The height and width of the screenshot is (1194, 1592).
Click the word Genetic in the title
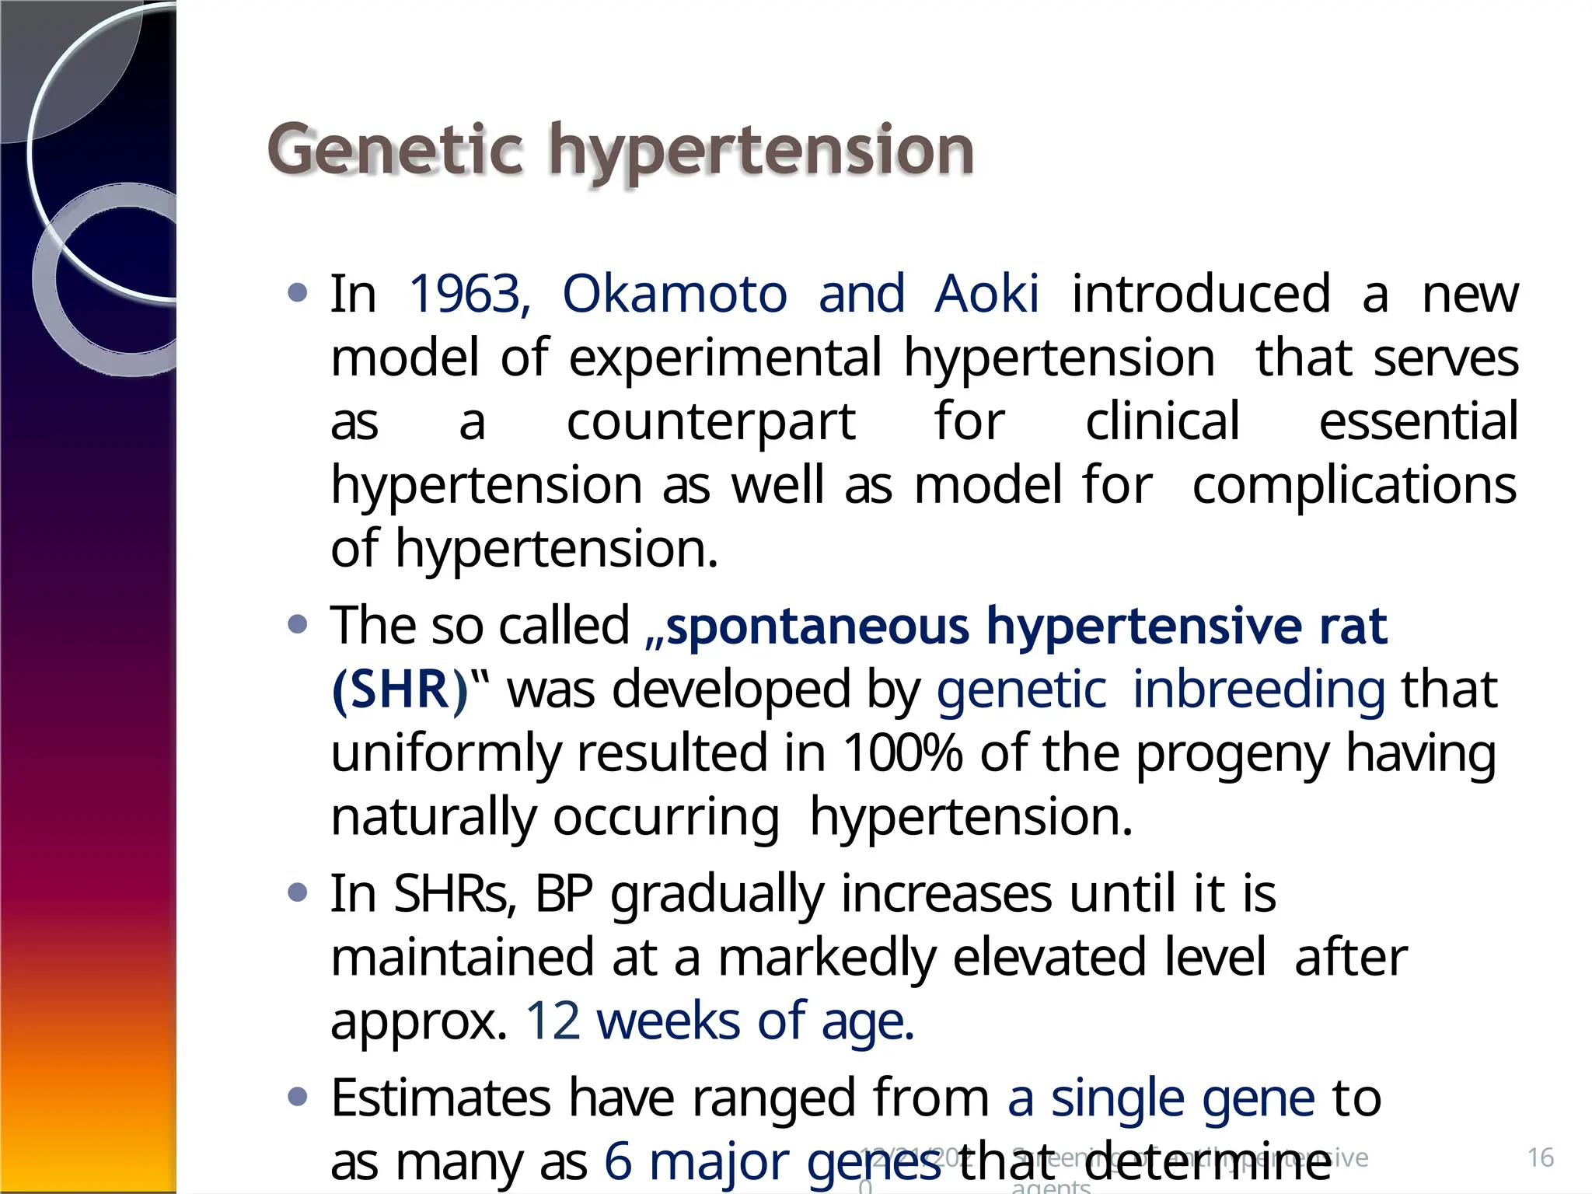(x=395, y=150)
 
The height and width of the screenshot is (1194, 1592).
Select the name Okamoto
(x=675, y=295)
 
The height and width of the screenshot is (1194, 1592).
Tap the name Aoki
(x=986, y=295)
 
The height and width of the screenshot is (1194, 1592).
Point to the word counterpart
(x=710, y=422)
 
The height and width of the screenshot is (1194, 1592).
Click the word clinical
(x=1162, y=422)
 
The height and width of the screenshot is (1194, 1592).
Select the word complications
(x=1354, y=486)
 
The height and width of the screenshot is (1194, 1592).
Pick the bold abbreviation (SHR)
(x=400, y=690)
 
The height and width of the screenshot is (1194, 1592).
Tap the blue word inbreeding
(x=1259, y=690)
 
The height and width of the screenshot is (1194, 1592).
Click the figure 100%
(x=902, y=754)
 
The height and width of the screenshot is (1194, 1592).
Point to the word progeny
(x=1233, y=754)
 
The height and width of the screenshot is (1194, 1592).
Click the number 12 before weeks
(x=553, y=1021)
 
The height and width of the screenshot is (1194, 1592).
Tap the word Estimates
(x=442, y=1098)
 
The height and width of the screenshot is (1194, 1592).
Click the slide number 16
(x=1540, y=1157)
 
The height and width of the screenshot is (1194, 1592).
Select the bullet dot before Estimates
(x=297, y=1097)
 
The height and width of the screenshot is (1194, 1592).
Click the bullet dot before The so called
(x=297, y=623)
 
